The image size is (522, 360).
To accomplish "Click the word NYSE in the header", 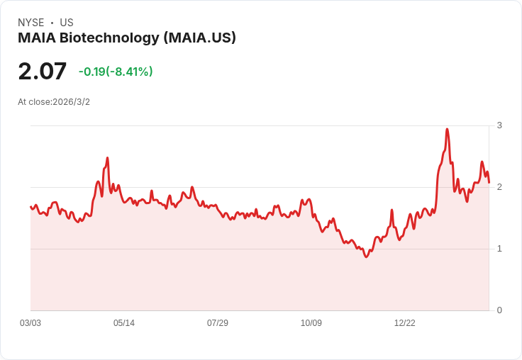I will pos(31,23).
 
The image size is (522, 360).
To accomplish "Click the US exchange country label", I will pos(67,23).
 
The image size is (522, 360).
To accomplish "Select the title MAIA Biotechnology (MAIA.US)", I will pos(126,38).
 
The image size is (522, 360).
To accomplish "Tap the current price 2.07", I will pos(43,72).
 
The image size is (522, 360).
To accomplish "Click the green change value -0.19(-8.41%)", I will pos(116,72).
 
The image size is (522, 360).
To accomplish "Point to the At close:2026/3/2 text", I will pos(54,102).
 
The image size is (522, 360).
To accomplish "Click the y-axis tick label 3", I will pos(499,125).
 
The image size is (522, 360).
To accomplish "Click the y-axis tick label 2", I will pos(499,187).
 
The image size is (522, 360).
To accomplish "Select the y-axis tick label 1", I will pos(499,249).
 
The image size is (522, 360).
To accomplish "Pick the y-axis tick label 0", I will pos(499,310).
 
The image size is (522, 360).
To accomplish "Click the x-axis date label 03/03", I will pos(30,323).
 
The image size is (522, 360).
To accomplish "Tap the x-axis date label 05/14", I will pos(124,323).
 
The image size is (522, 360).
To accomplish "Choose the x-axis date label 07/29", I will pos(218,323).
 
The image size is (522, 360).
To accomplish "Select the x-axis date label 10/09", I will pos(311,323).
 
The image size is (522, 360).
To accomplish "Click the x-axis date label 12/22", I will pos(405,323).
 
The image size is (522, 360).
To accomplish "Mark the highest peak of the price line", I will pos(447,129).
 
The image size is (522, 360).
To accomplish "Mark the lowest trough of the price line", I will pos(366,257).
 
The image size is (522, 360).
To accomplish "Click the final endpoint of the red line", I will pos(489,183).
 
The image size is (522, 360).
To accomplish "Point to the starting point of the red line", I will pos(30,207).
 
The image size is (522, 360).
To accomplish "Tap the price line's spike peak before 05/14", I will pos(107,158).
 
